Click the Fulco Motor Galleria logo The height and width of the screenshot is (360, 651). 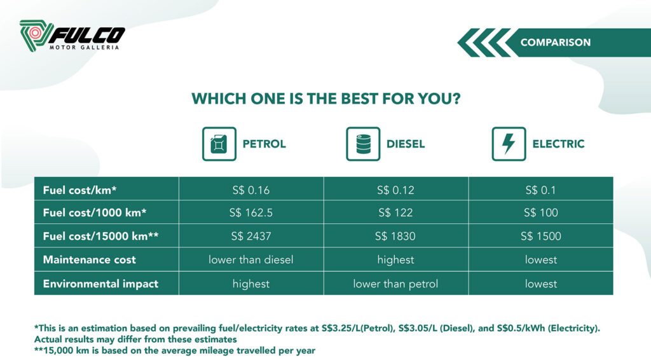coord(72,36)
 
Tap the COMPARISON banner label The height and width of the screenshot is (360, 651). coord(555,43)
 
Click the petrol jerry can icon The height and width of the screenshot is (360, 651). coord(219,144)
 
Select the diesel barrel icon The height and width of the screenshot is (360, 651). coord(363,144)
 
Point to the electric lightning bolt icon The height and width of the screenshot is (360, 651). coord(509,144)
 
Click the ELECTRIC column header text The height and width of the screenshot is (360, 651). coord(558,144)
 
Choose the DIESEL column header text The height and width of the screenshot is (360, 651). coord(406,144)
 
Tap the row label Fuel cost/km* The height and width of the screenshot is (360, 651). coord(79,190)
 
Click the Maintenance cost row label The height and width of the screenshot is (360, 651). coord(89,260)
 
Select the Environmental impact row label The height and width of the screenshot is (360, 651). coord(100,284)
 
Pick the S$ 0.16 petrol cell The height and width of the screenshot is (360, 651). coord(250,190)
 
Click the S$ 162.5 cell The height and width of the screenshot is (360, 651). coord(250,212)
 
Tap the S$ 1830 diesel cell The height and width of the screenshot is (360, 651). coord(395,236)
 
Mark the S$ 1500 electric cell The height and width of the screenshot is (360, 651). coord(540,236)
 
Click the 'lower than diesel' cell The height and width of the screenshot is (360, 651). coord(250,260)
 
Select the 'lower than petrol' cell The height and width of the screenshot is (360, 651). coord(395,284)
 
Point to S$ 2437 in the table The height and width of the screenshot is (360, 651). coord(250,236)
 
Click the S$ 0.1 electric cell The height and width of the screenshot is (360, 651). coord(540,190)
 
